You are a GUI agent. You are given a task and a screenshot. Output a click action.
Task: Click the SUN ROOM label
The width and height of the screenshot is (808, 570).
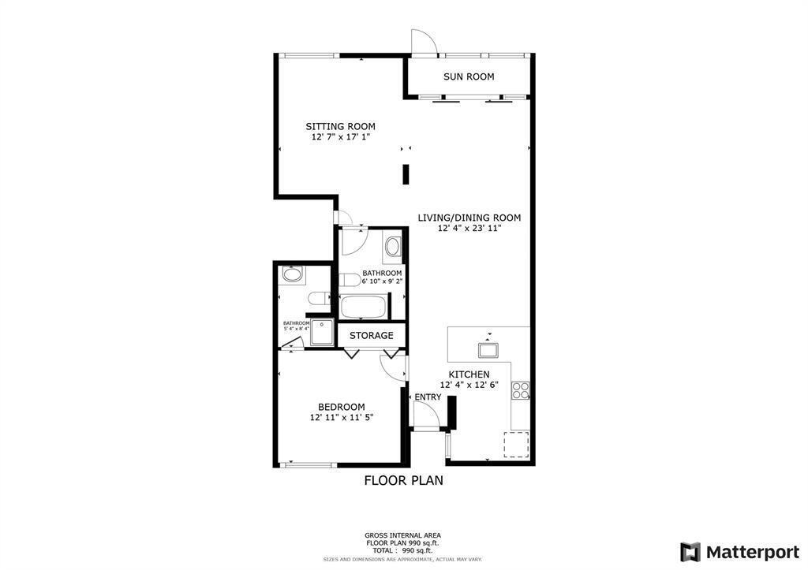(x=469, y=76)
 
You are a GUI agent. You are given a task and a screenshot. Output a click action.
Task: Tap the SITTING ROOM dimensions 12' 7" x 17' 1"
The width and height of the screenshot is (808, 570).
(x=340, y=136)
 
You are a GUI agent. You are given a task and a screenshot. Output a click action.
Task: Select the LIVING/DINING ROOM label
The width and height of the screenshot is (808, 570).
(x=469, y=218)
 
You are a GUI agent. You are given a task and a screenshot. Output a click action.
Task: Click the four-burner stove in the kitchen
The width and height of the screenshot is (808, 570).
(x=521, y=389)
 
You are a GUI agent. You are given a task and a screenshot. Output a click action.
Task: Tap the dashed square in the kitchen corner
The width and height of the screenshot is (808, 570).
(x=517, y=444)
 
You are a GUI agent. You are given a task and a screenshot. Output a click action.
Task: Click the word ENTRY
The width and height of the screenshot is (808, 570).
(x=428, y=397)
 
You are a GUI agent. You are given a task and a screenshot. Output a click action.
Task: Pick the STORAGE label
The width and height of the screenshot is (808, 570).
(x=371, y=335)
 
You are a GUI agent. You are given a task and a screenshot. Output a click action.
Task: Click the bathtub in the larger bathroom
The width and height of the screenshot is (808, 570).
(x=364, y=306)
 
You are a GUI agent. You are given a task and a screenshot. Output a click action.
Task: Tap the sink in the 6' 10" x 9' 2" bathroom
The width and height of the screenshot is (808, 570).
(x=392, y=248)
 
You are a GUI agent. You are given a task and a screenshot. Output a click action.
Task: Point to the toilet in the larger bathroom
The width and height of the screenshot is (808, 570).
(x=350, y=281)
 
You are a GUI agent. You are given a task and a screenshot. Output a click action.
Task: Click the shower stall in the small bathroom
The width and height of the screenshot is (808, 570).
(x=323, y=333)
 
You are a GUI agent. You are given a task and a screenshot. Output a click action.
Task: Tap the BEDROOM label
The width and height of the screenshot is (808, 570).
(x=341, y=407)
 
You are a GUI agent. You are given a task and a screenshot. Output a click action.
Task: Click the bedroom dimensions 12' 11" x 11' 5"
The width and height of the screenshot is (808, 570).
(x=341, y=418)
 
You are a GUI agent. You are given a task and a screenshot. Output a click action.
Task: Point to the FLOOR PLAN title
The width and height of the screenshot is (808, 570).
(x=403, y=480)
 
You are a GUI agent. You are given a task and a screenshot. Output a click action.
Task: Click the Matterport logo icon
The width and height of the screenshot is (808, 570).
(x=690, y=552)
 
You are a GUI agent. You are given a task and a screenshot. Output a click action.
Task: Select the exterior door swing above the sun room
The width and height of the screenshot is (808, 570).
(x=423, y=43)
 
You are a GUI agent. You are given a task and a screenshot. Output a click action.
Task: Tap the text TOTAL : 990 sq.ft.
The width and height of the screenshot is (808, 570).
(x=402, y=550)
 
